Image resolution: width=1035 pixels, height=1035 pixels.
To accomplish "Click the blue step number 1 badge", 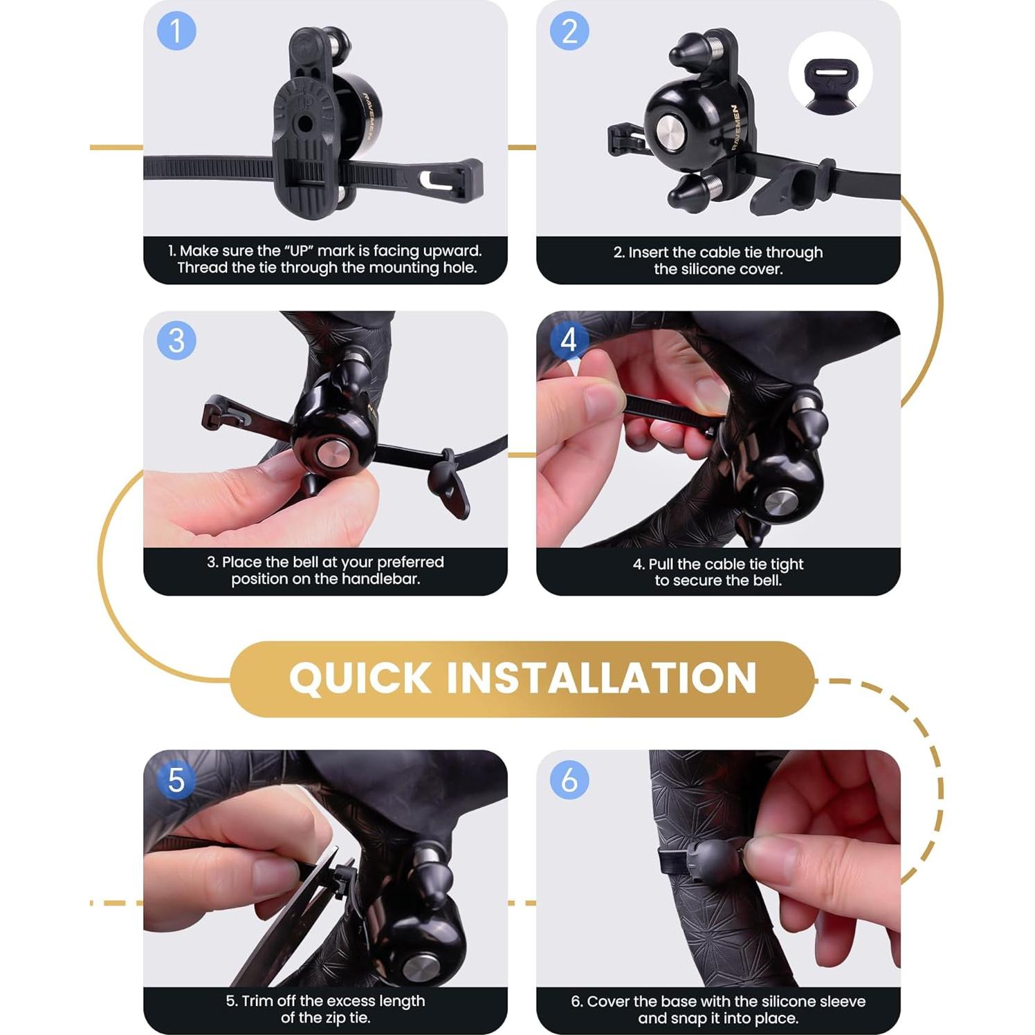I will (x=176, y=31).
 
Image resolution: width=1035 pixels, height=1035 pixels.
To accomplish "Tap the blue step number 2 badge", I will (x=569, y=31).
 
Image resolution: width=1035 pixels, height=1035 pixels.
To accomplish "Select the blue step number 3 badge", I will (x=176, y=340).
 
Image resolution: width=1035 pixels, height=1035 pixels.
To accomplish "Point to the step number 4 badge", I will (x=569, y=340).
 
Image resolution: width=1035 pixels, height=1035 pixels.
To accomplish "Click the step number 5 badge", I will (x=176, y=780).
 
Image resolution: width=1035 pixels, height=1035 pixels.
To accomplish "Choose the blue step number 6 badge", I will (x=569, y=780).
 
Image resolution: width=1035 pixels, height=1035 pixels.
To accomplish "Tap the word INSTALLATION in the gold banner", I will (x=601, y=678).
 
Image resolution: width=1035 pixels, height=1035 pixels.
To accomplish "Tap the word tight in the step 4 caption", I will (x=787, y=564).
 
